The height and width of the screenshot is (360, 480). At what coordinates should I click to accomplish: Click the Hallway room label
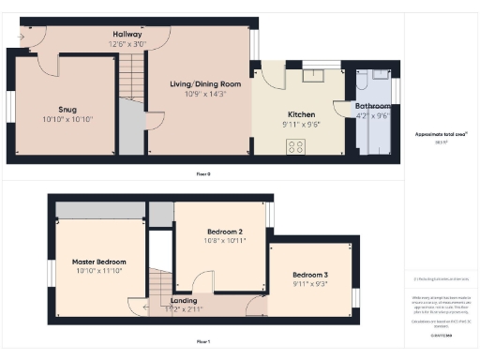[127, 34]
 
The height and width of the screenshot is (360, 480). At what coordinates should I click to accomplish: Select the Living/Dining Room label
[204, 84]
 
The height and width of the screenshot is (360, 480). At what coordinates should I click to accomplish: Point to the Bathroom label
[373, 107]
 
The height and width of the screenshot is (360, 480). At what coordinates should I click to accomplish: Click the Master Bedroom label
[98, 262]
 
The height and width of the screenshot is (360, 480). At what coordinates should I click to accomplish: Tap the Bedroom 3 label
[308, 275]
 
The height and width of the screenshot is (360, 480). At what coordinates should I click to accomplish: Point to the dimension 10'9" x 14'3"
[204, 95]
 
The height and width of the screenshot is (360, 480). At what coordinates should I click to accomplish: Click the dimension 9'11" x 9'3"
[308, 284]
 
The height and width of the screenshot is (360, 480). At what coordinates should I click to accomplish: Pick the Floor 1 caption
[203, 341]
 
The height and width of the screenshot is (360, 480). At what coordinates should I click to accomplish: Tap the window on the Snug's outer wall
[9, 105]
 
